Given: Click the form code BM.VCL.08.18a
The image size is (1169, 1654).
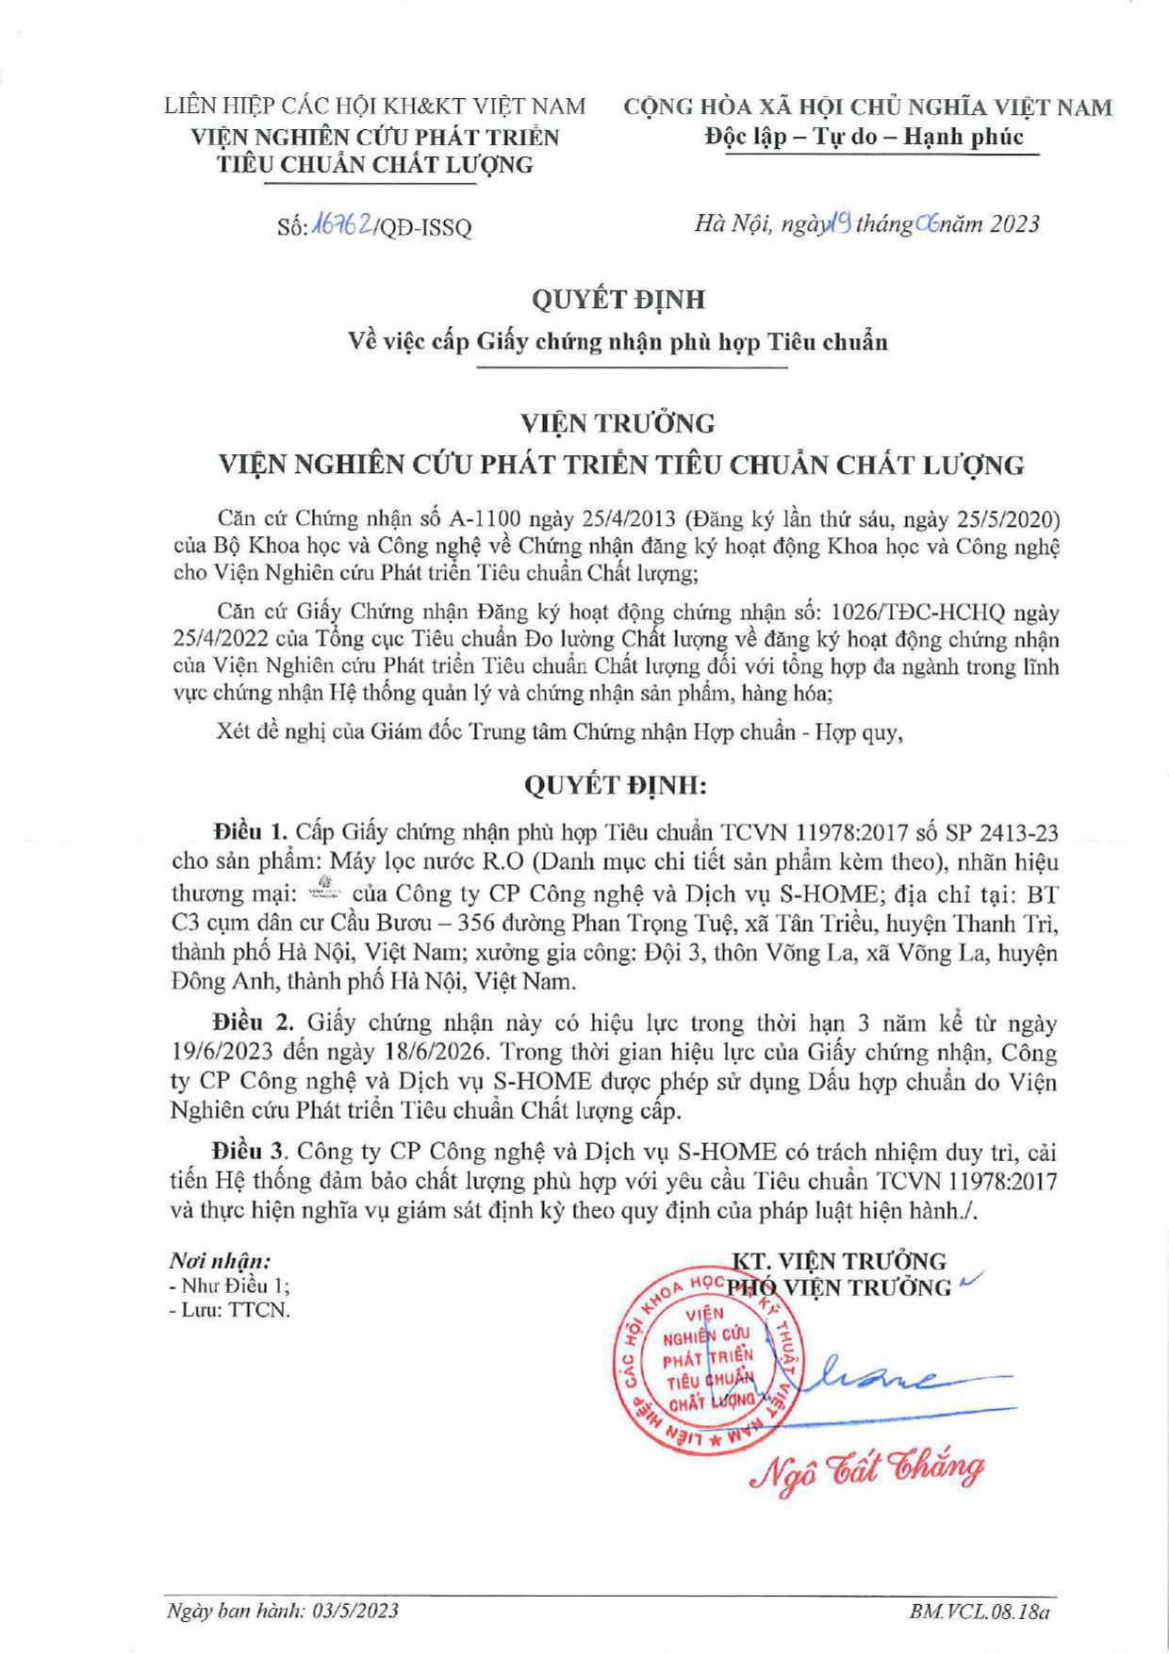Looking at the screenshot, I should coord(980,1611).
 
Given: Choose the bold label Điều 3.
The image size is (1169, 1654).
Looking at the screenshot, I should coord(250,1152).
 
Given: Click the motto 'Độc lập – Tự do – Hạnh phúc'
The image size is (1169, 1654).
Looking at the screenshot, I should coord(864,138).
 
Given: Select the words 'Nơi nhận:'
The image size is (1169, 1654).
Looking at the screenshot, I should coord(220,1261).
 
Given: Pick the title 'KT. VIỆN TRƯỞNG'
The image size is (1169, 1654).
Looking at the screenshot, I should coord(839,1261).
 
